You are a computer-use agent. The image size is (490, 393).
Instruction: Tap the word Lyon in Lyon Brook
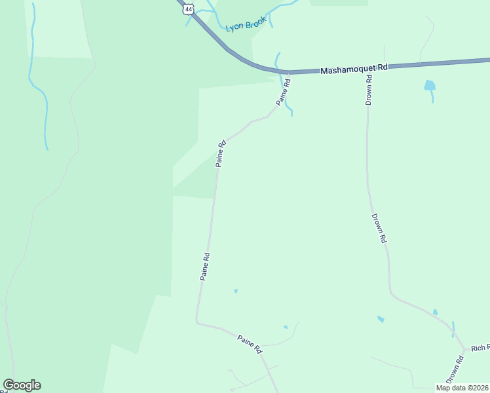pyautogui.click(x=234, y=28)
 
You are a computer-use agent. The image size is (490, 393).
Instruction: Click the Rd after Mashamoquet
pyautogui.click(x=383, y=66)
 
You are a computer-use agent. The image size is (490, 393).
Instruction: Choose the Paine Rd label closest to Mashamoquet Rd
pyautogui.click(x=283, y=92)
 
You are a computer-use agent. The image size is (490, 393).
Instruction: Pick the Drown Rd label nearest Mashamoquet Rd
pyautogui.click(x=369, y=91)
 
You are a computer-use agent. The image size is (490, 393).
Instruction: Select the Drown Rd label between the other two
pyautogui.click(x=379, y=229)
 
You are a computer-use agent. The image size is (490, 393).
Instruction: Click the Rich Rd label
pyautogui.click(x=480, y=347)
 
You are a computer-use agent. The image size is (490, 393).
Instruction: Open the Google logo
pyautogui.click(x=22, y=385)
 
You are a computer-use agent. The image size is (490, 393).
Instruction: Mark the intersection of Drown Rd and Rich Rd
pyautogui.click(x=464, y=350)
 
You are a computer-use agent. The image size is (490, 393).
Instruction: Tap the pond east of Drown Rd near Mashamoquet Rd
pyautogui.click(x=429, y=85)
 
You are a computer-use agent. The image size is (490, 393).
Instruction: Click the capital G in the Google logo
pyautogui.click(x=9, y=385)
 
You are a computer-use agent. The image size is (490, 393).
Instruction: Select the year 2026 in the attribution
pyautogui.click(x=480, y=388)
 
